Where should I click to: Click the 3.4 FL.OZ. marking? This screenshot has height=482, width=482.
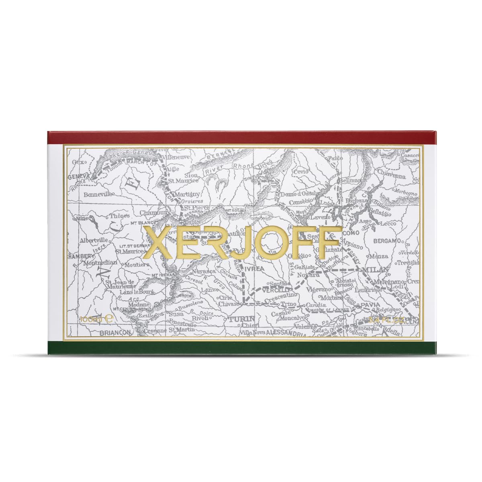tap(386, 320)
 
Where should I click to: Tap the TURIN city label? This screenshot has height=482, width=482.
tap(241, 319)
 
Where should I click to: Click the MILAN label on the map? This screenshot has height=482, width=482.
tap(375, 269)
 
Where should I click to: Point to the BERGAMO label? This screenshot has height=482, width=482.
tap(387, 241)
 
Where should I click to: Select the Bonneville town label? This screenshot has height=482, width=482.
tap(99, 195)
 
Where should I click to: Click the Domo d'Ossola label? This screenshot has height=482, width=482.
tap(300, 194)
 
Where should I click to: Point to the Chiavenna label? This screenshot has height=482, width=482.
tap(391, 175)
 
